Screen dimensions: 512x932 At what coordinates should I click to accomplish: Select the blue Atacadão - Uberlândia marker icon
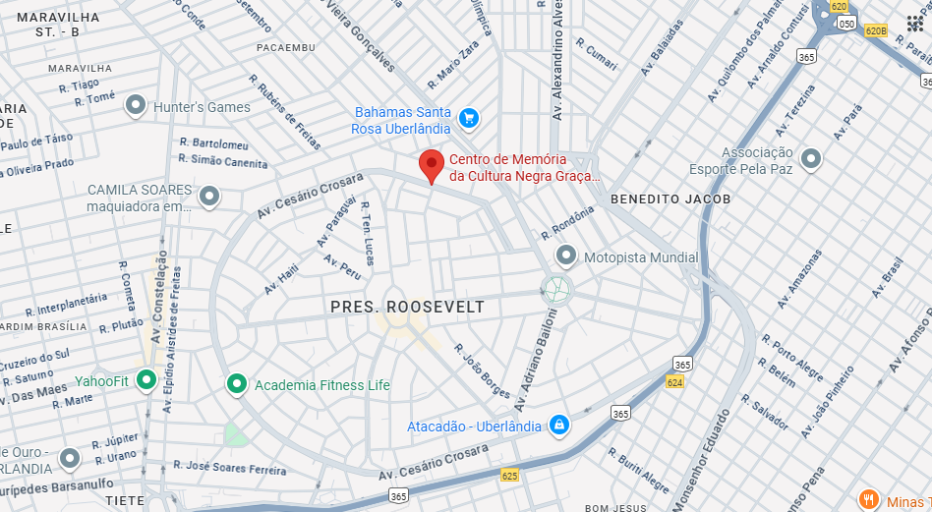[x=558, y=426]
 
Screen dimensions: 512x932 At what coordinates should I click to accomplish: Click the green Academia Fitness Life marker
[x=236, y=384]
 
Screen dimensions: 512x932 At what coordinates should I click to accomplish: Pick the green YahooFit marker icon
[x=146, y=379]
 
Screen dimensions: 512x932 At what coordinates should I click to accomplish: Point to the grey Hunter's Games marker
[x=136, y=105]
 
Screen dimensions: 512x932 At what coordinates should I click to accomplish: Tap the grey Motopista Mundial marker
[x=565, y=256]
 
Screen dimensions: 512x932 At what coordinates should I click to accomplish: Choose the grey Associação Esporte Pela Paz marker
[x=810, y=158]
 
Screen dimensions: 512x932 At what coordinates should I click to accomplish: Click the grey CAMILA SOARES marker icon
[x=208, y=197]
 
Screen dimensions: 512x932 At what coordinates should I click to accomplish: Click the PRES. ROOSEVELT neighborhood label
[x=407, y=307]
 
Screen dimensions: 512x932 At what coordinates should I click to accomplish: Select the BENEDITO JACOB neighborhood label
[x=670, y=199]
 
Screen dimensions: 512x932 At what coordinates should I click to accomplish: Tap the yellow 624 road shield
[x=674, y=381]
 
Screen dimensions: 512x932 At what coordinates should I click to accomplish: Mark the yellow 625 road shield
[x=509, y=476]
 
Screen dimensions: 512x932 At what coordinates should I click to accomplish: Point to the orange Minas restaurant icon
[x=868, y=499]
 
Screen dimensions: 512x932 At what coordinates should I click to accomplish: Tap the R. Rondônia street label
[x=568, y=223]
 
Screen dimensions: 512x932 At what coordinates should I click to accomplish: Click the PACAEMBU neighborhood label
[x=286, y=47]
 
